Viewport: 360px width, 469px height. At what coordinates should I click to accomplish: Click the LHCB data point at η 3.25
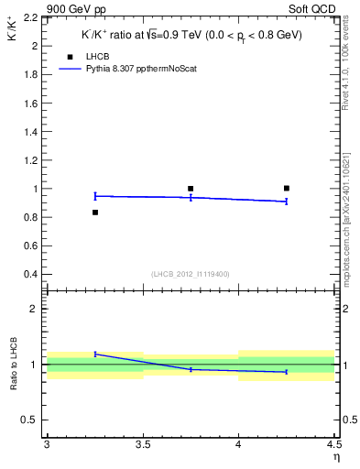[94, 213]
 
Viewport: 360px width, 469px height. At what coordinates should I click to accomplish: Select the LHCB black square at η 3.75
[191, 189]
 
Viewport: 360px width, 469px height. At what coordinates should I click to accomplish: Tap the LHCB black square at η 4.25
[287, 188]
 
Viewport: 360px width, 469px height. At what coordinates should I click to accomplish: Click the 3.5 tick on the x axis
[143, 445]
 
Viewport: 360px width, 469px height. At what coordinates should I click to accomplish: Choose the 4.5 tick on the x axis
[334, 445]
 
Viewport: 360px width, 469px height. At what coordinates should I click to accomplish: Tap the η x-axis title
[336, 456]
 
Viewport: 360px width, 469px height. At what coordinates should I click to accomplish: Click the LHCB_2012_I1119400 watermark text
[190, 274]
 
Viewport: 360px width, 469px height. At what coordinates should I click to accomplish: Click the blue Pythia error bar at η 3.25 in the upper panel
[94, 196]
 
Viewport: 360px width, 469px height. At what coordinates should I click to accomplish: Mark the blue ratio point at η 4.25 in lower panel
[287, 372]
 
